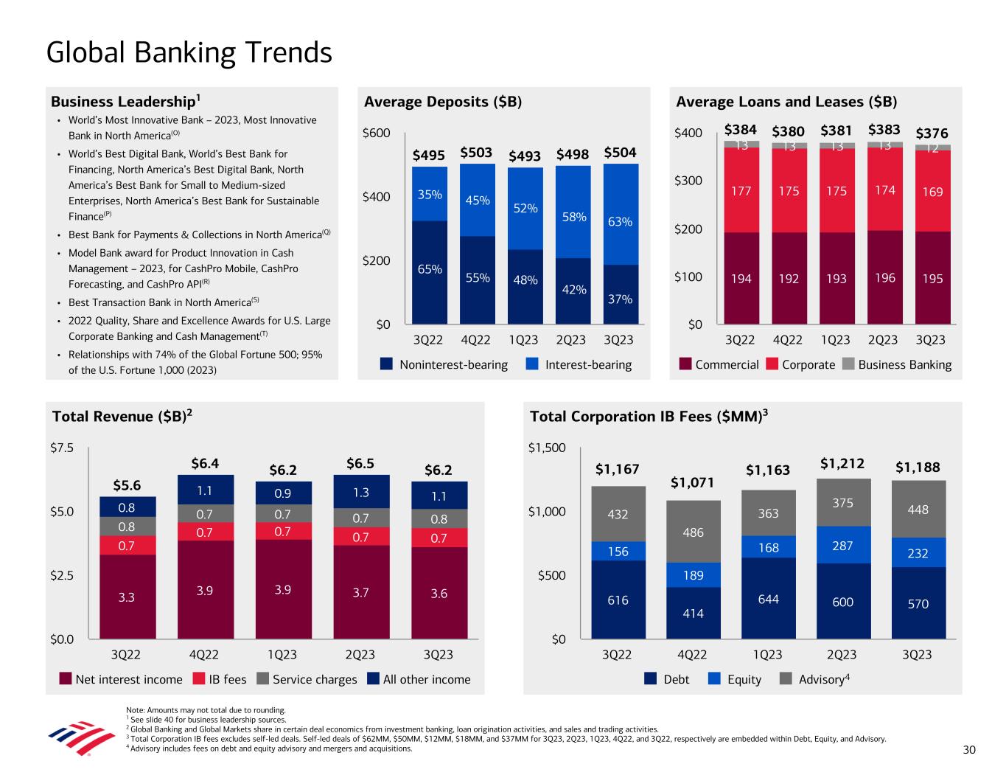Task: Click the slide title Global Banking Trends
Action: coord(189,53)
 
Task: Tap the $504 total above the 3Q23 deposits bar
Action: coord(620,153)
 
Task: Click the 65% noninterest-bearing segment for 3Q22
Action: coord(430,269)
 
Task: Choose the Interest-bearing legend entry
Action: coord(579,364)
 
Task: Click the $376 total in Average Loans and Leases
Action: coord(932,133)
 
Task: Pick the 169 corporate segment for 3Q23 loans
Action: coord(932,192)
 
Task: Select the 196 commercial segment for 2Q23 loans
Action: coord(884,278)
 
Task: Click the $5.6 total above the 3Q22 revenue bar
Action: coord(127,484)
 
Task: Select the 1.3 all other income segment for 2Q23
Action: coord(360,492)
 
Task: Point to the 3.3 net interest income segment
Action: coord(127,597)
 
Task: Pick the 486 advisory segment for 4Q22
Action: coord(692,532)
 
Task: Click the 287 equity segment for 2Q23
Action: coord(842,546)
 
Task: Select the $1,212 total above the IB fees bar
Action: coord(842,465)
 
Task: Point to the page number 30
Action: coord(969,750)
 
